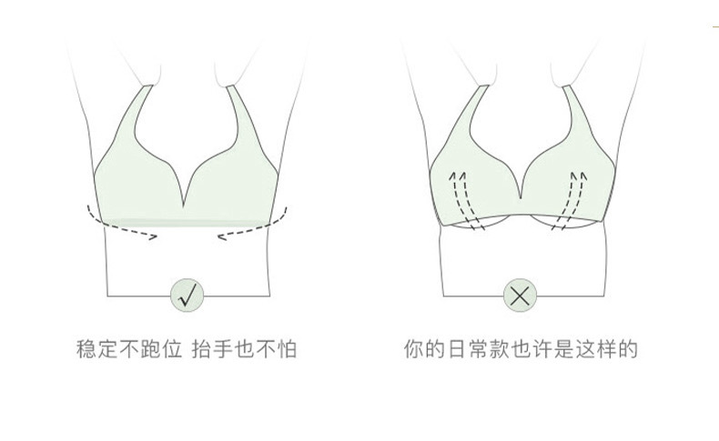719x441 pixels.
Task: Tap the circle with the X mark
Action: click(521, 295)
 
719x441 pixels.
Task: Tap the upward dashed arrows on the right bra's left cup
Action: click(463, 195)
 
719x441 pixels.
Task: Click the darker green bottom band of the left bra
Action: click(187, 222)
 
